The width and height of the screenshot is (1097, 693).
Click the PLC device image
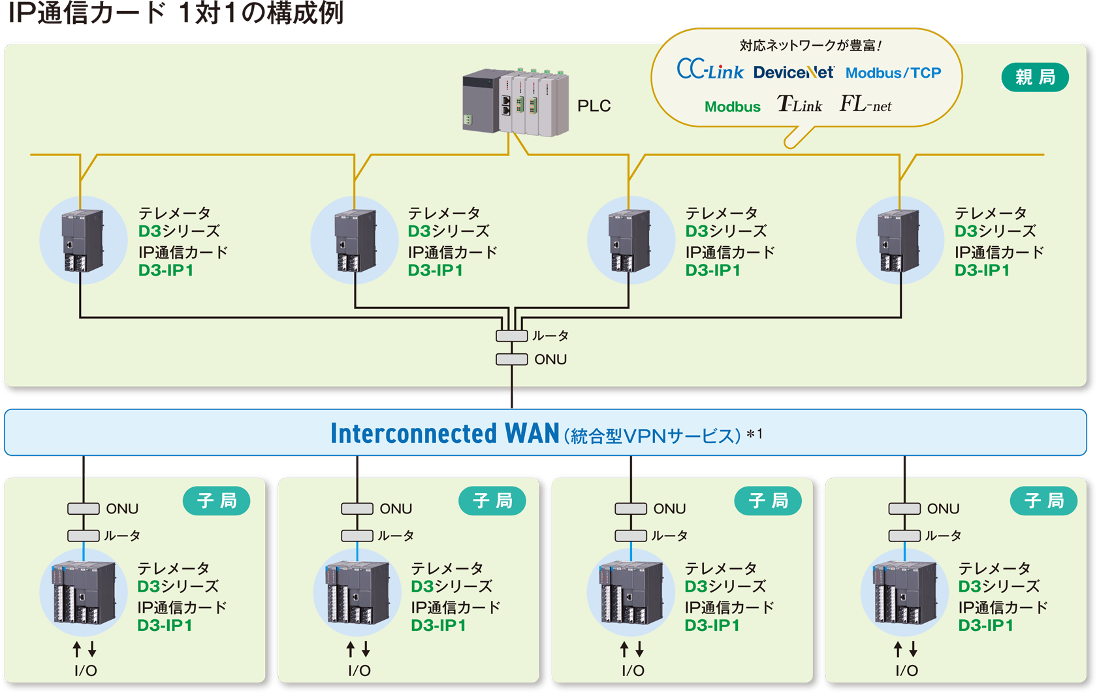[x=515, y=103]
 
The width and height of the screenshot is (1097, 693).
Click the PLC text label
[x=594, y=106]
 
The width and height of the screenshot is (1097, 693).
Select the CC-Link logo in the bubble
[x=710, y=70]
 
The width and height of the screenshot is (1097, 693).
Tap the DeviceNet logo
[x=793, y=73]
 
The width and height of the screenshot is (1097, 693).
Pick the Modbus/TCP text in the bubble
[x=893, y=73]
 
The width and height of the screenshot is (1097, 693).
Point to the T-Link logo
[x=799, y=105]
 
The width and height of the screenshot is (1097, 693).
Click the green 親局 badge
[x=1034, y=78]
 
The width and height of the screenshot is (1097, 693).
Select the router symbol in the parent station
[x=511, y=336]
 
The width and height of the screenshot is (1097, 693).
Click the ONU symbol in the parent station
[x=511, y=359]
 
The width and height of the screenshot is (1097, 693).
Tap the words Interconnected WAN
[x=444, y=434]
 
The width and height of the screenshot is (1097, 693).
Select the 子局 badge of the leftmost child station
[x=216, y=501]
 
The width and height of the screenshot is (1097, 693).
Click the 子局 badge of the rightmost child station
[x=1043, y=501]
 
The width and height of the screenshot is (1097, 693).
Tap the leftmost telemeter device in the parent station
[x=83, y=240]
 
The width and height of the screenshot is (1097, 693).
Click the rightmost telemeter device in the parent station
[x=899, y=240]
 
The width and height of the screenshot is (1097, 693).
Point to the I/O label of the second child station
[x=359, y=671]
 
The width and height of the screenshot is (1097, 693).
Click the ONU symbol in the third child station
[x=631, y=509]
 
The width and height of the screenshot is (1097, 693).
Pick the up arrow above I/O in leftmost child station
[x=77, y=649]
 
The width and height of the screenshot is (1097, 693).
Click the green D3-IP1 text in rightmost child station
[x=985, y=626]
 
